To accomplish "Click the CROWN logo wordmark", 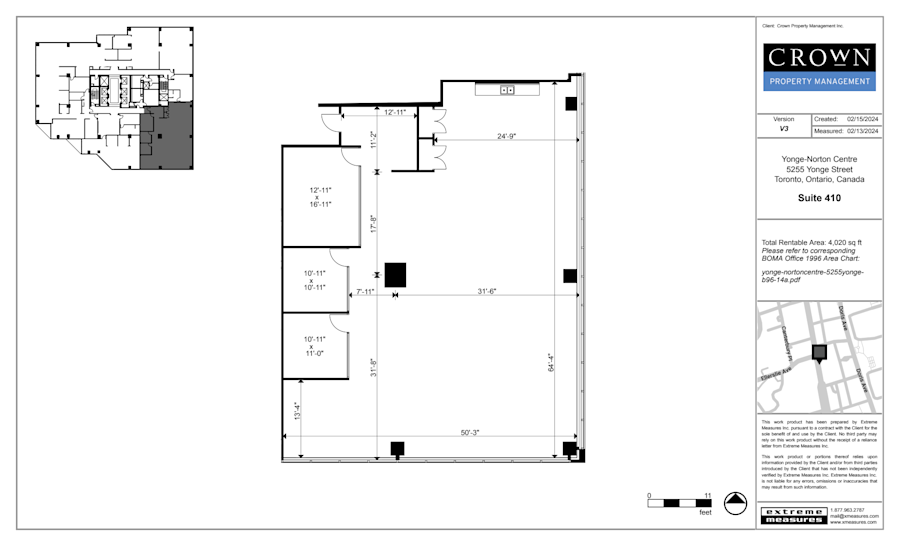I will tap(819, 57).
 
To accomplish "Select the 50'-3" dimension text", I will tap(471, 432).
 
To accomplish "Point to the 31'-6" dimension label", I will tap(487, 291).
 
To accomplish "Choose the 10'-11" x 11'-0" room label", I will tap(316, 346).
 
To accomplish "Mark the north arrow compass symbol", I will tap(736, 503).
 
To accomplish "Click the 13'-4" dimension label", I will tap(296, 411).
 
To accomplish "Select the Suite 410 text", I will tap(819, 198).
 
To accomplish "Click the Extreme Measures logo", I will tap(794, 515).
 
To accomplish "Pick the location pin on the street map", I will tap(820, 353).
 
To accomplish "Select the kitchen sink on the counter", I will tap(507, 90).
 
